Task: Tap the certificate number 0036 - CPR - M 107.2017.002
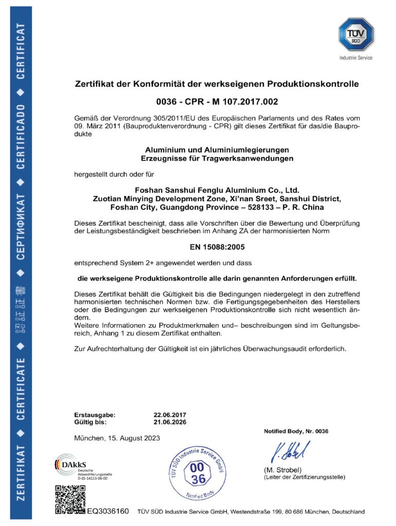coord(216,102)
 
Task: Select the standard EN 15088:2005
coord(216,248)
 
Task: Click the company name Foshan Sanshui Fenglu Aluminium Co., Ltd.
coord(216,190)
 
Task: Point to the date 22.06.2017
coord(169,414)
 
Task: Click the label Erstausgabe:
coord(95,414)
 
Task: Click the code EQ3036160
coord(108,512)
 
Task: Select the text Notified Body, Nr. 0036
coord(296,430)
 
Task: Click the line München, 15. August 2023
coord(117,438)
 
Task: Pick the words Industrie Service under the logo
coord(355,58)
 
